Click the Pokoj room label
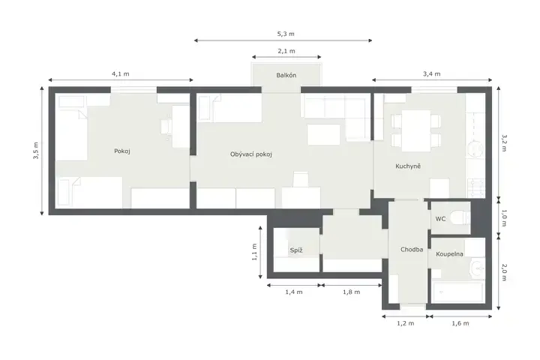[x=122, y=151]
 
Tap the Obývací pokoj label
[x=251, y=154]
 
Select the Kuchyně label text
[x=408, y=166]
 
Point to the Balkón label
[x=286, y=75]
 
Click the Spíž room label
[x=296, y=250]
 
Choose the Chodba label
[x=412, y=250]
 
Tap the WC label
[x=440, y=219]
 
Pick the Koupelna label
[x=449, y=254]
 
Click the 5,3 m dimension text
[x=286, y=34]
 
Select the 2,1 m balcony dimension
[x=286, y=51]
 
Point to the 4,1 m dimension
[x=121, y=73]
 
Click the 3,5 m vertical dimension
[x=36, y=151]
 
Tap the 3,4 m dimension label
[x=431, y=73]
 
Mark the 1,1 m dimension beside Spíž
[x=254, y=252]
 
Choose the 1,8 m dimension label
[x=351, y=292]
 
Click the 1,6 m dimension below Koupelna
[x=460, y=323]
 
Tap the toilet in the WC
[x=460, y=218]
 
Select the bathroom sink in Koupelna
[x=477, y=267]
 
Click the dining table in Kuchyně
[x=416, y=130]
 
